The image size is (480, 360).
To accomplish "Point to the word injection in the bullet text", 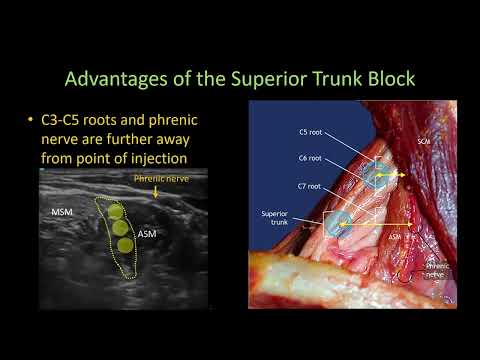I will (178, 156).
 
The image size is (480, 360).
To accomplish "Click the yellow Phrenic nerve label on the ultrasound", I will (160, 180).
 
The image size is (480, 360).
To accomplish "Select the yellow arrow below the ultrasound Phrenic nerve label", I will (155, 193).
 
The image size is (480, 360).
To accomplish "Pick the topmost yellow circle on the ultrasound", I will (116, 212).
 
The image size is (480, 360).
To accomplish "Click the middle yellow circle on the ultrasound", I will (120, 228).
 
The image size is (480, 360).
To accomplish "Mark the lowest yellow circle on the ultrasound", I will (124, 244).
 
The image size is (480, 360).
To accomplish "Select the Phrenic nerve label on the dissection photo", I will (437, 271).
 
